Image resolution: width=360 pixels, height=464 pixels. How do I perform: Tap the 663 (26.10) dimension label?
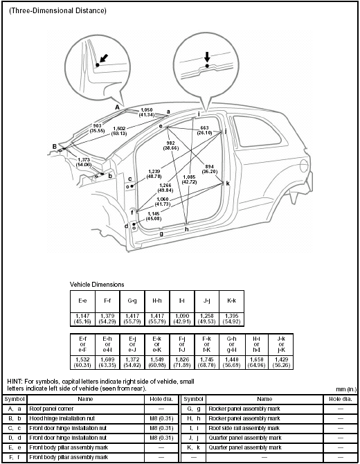coord(204,130)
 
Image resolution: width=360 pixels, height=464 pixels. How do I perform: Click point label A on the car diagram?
coord(117,108)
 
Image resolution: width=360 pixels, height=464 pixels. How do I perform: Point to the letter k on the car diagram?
coord(227,184)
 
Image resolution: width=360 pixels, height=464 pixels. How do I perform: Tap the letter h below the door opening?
coord(186,229)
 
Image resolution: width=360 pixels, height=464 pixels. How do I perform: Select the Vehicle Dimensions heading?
coord(97,285)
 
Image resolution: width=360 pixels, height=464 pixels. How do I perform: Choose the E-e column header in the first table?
coord(82,301)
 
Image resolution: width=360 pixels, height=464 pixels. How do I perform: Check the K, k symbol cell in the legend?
coord(193,448)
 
